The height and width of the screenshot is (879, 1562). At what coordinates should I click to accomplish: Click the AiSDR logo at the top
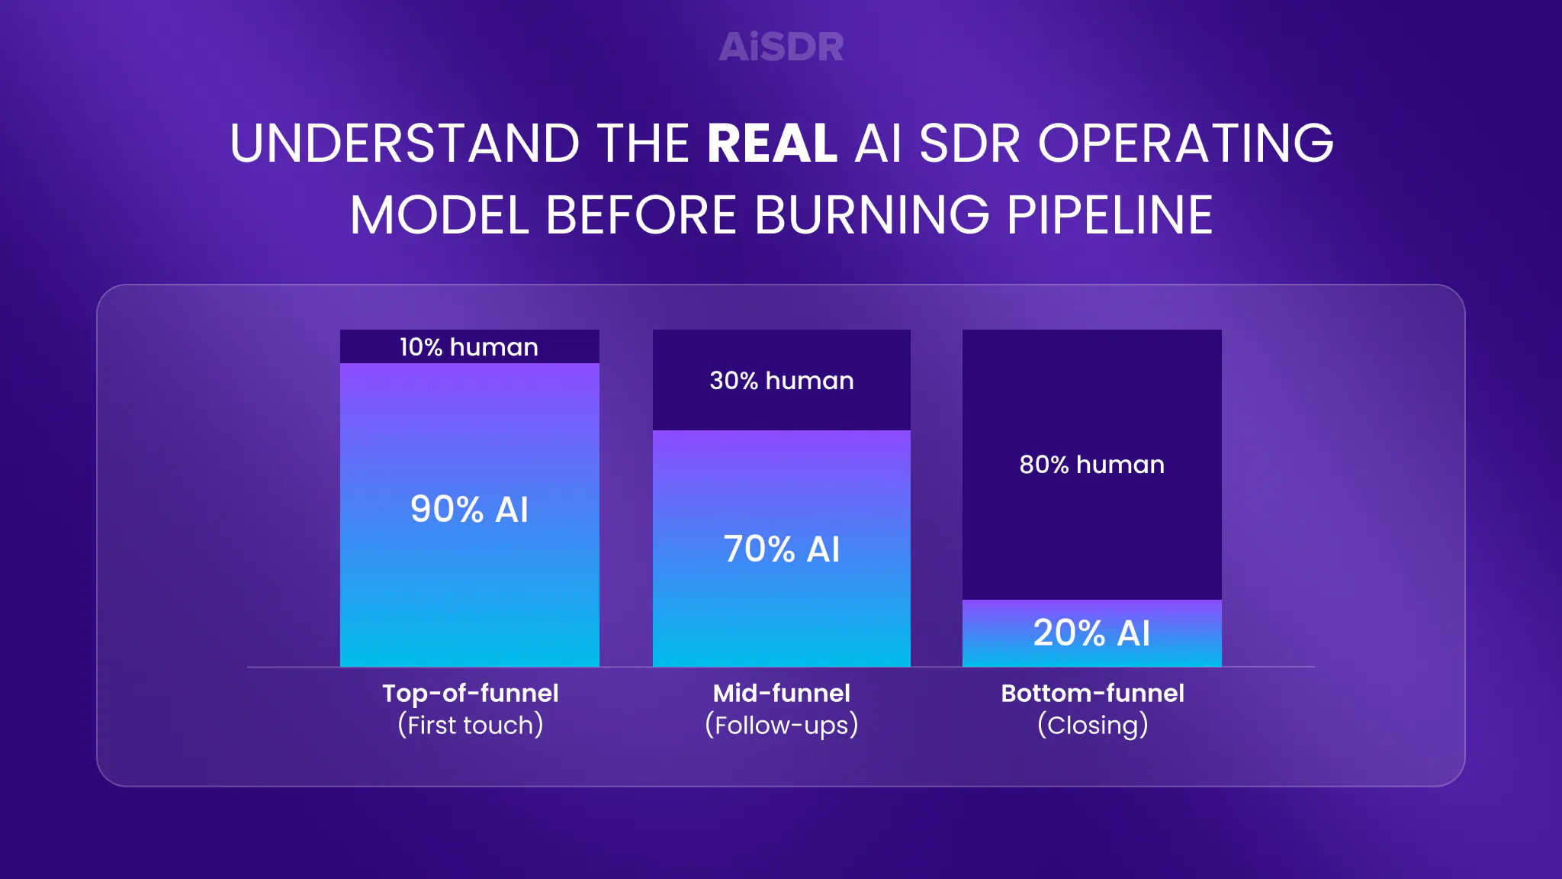[782, 47]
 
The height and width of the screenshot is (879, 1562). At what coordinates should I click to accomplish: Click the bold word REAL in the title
[773, 143]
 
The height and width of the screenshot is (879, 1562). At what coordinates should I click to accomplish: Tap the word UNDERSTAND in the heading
[405, 143]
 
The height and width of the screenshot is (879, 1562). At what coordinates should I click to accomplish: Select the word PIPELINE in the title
[1110, 215]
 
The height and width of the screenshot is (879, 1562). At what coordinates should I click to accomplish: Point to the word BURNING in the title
[872, 215]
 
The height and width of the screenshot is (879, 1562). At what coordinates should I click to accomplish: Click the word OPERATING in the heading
[1186, 143]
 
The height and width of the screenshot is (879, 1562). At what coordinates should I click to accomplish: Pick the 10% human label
[469, 347]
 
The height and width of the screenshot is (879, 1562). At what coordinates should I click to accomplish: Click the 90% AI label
[469, 509]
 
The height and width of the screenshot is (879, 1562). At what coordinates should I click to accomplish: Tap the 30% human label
[782, 381]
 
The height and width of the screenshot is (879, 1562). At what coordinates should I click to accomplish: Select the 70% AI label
[782, 549]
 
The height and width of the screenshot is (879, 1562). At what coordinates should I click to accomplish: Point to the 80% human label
[1092, 465]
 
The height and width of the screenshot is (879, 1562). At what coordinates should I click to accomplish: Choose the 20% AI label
[1092, 633]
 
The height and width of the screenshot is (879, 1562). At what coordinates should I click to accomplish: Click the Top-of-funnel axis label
[471, 693]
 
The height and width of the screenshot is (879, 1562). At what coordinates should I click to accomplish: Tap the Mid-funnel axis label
[782, 693]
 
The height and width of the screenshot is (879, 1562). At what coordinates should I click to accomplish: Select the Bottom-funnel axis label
[1093, 693]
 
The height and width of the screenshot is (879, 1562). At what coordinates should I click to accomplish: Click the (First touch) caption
[471, 725]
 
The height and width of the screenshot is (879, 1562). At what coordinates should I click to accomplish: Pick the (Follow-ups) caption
[782, 725]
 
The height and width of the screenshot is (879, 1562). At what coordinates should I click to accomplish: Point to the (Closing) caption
[1093, 725]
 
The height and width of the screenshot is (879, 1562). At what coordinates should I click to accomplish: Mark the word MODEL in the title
[439, 215]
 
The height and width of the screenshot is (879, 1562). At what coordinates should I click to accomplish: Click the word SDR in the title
[969, 143]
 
